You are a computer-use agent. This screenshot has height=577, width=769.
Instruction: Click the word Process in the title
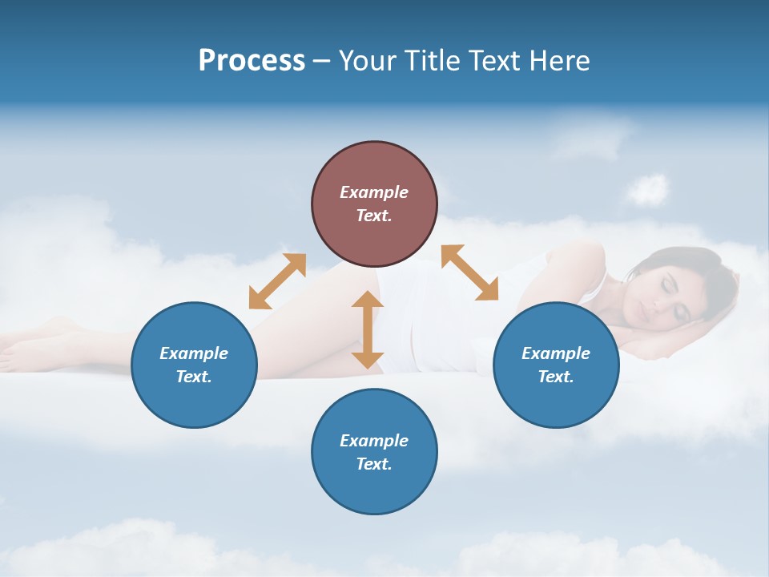click(252, 61)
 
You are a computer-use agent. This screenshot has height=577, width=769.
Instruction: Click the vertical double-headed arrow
click(368, 329)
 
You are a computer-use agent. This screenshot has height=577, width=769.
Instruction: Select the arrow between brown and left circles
click(277, 281)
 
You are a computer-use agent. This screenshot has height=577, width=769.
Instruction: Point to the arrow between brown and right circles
click(469, 272)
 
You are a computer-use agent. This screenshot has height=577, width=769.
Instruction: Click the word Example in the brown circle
click(374, 192)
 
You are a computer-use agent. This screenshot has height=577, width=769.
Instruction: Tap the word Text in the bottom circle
click(373, 464)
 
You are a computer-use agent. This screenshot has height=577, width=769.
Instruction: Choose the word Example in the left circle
click(194, 353)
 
